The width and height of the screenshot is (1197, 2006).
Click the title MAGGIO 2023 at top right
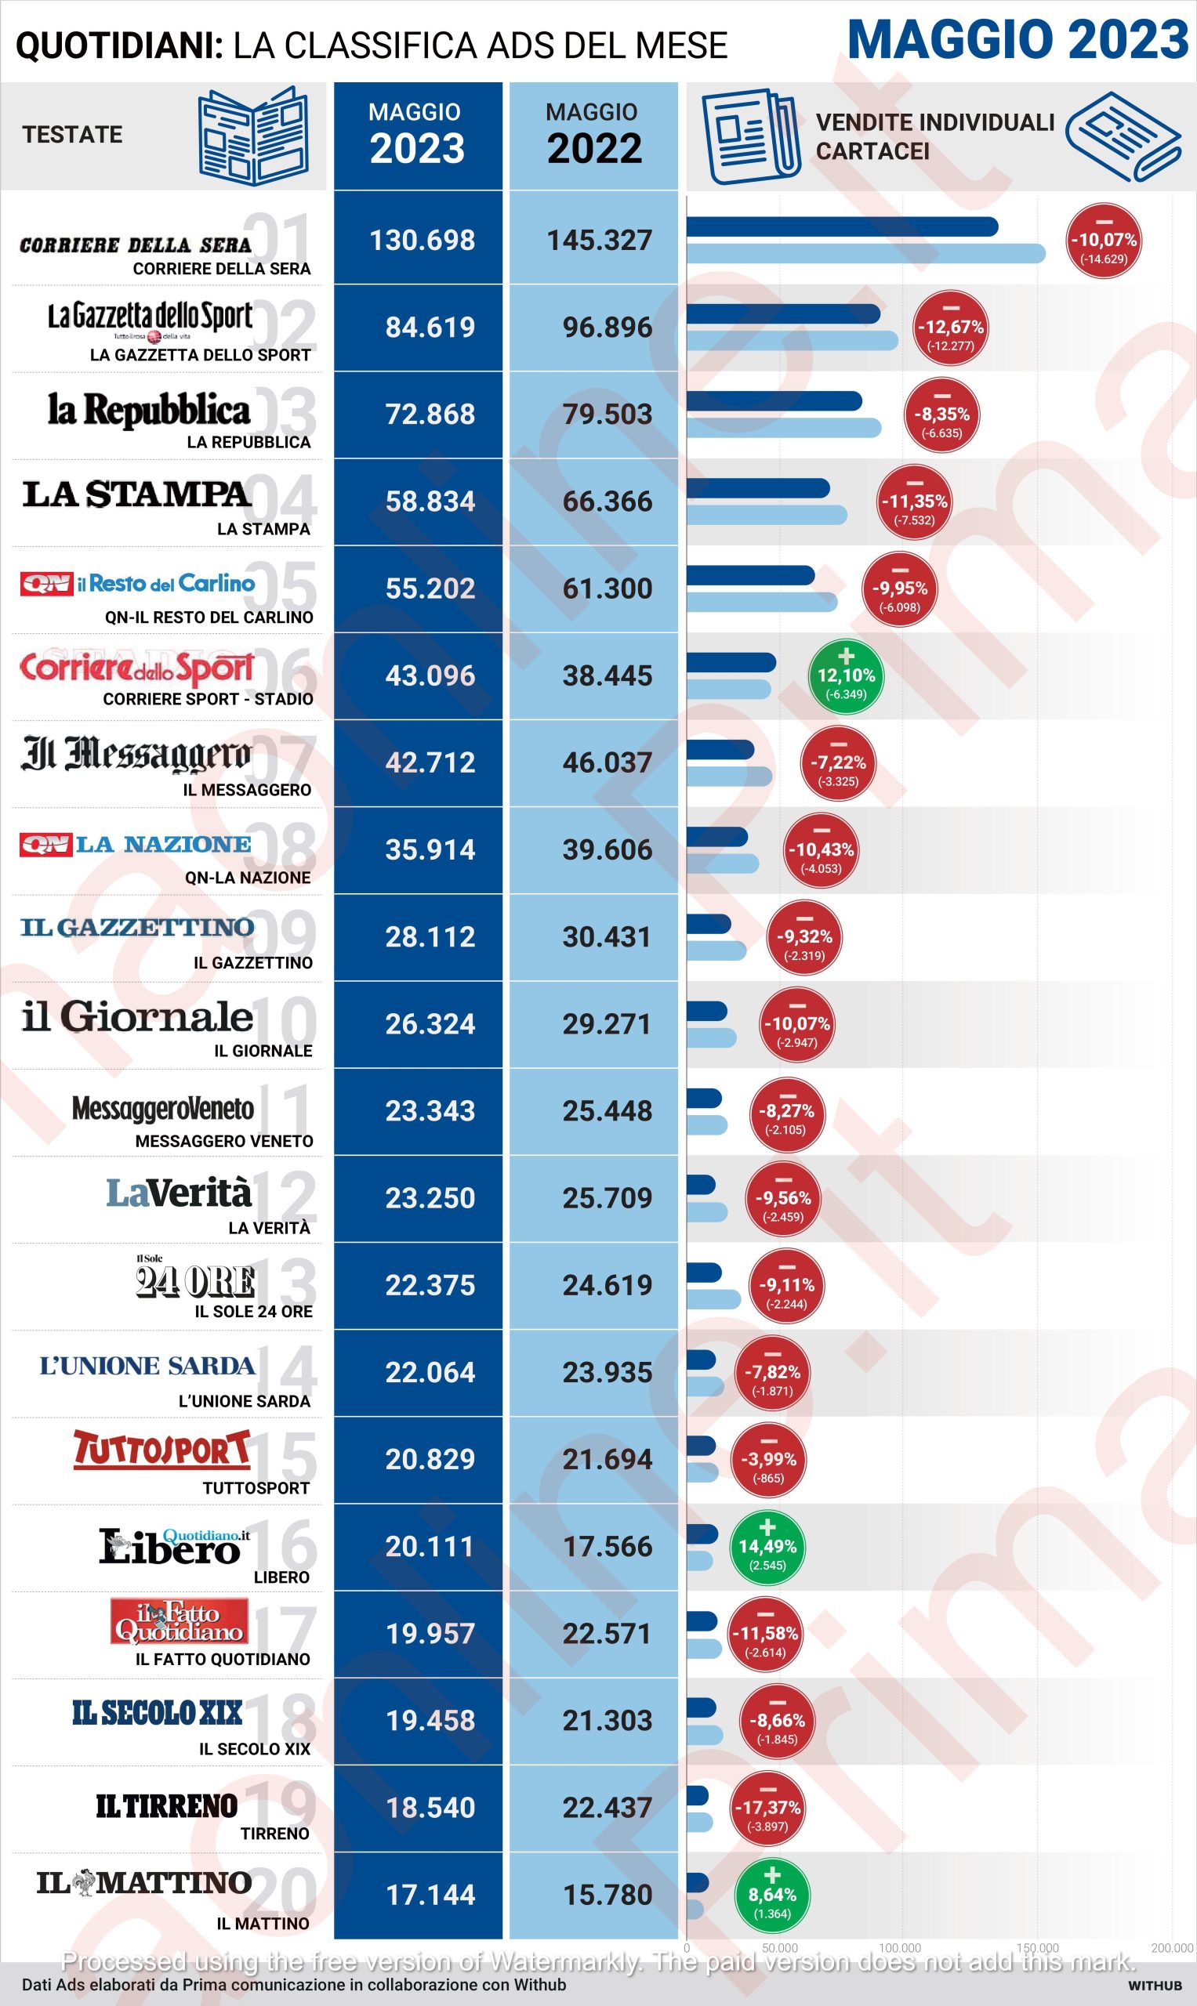(1018, 40)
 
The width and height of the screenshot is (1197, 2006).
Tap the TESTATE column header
(73, 135)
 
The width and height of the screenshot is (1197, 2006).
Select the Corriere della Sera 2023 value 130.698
(422, 241)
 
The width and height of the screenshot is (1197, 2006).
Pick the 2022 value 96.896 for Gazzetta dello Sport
(607, 328)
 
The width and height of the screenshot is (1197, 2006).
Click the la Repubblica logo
(149, 410)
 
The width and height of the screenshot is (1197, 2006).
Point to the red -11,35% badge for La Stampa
(914, 501)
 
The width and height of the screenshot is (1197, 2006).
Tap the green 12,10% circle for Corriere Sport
(846, 675)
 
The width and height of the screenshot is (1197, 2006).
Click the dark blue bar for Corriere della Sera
(841, 227)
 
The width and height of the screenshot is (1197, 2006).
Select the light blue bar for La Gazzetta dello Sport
(791, 341)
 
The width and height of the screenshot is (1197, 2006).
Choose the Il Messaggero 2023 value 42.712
(430, 762)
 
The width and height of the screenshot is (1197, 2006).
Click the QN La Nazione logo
(136, 844)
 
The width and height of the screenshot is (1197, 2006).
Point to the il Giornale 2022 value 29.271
(607, 1024)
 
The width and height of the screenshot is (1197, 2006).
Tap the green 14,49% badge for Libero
(767, 1547)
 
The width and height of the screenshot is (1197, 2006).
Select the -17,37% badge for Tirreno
(767, 1808)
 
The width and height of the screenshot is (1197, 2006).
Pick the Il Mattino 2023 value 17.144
(430, 1895)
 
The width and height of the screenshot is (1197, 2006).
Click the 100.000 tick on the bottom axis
(899, 1948)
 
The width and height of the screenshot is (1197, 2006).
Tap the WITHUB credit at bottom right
(1154, 1985)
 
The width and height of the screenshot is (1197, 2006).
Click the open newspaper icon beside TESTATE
(253, 136)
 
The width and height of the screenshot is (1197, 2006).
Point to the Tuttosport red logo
(161, 1449)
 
